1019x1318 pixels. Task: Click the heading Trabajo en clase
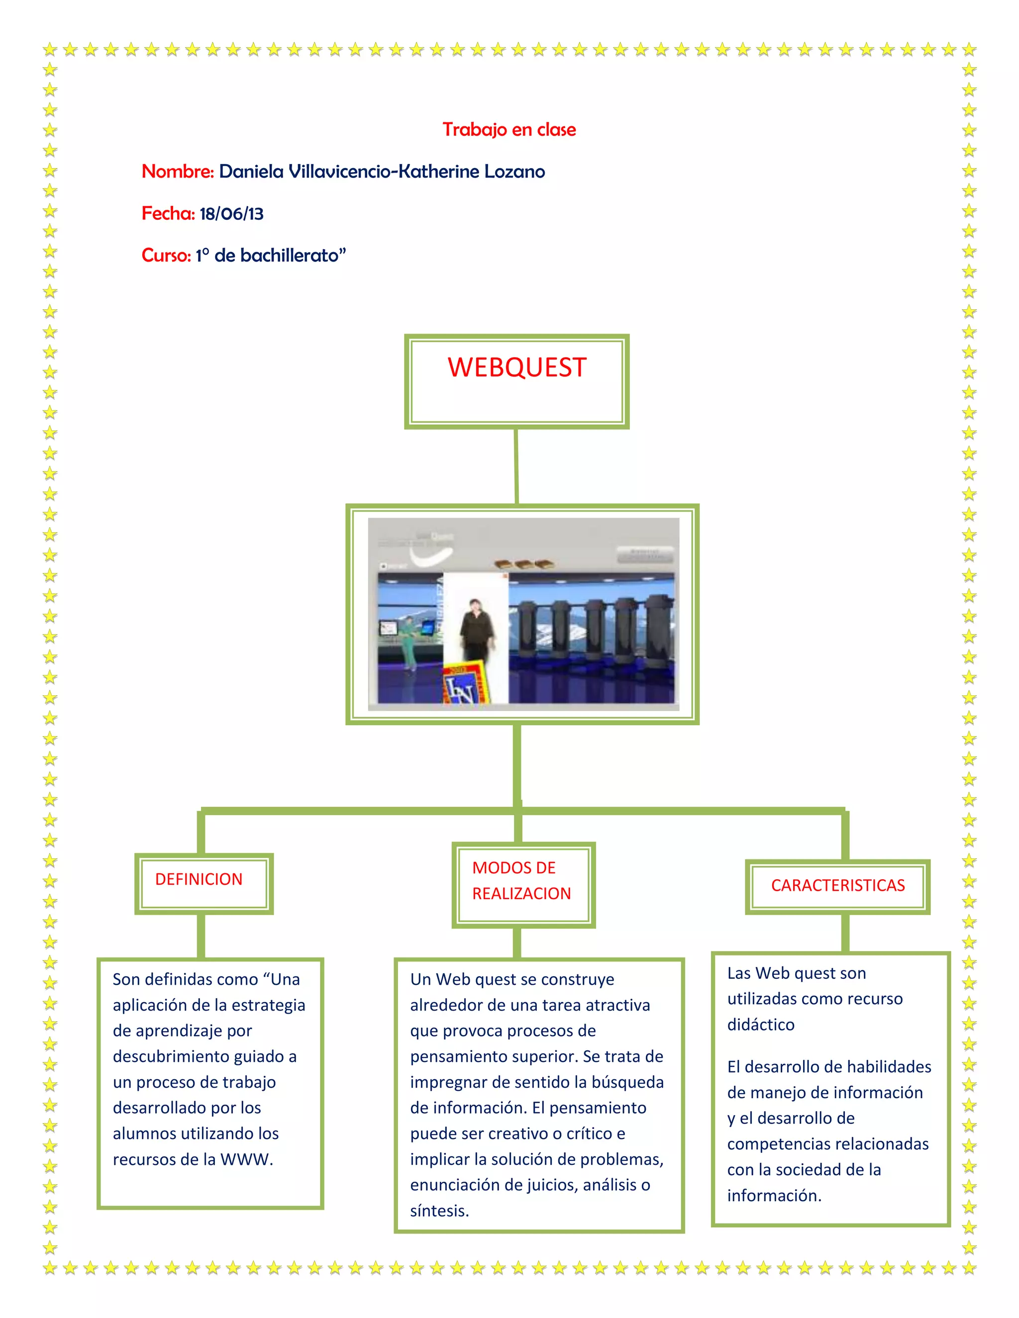[509, 129]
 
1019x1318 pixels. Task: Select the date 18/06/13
[231, 214]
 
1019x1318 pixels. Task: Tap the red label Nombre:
[178, 172]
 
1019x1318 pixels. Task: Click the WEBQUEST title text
[517, 368]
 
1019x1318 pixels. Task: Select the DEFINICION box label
[199, 879]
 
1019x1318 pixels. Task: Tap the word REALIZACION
[521, 893]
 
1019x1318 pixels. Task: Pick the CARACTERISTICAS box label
[837, 885]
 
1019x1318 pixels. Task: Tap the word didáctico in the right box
[761, 1024]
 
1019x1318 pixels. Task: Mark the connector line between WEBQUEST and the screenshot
[516, 466]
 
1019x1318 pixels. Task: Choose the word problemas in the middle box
[631, 1159]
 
